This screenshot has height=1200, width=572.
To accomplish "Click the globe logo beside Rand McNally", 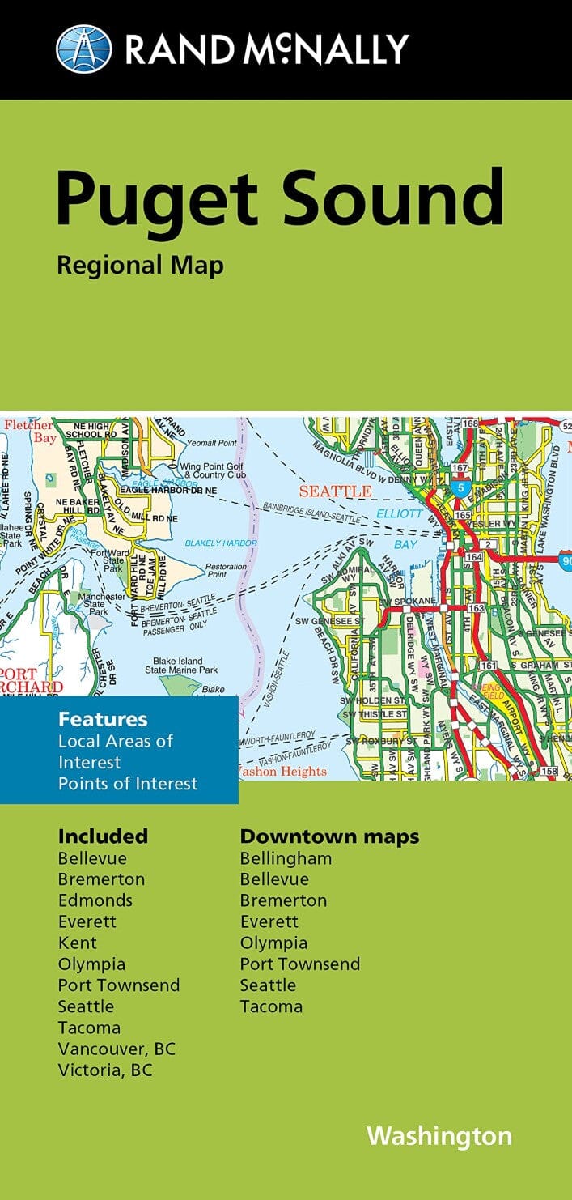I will pyautogui.click(x=83, y=49).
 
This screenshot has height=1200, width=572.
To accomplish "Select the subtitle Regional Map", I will pyautogui.click(x=140, y=265).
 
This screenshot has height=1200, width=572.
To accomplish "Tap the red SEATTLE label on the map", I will pyautogui.click(x=336, y=491).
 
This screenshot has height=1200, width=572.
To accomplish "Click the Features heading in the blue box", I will pyautogui.click(x=103, y=719).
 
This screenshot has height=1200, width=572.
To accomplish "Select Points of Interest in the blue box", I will pyautogui.click(x=128, y=783).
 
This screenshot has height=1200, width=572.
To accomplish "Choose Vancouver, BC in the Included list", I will pyautogui.click(x=117, y=1049).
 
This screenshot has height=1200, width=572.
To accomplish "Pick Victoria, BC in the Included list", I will pyautogui.click(x=105, y=1070).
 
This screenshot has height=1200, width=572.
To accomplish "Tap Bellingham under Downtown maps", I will pyautogui.click(x=286, y=857).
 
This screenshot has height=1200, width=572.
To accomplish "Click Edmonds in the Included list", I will pyautogui.click(x=95, y=900).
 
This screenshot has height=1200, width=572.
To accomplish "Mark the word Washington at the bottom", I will pyautogui.click(x=439, y=1136).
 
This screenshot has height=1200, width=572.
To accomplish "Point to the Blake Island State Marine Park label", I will pyautogui.click(x=181, y=665).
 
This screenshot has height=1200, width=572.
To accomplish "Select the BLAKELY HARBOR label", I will pyautogui.click(x=221, y=543).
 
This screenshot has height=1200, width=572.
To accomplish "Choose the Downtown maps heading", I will pyautogui.click(x=329, y=836).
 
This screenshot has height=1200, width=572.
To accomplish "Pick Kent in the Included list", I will pyautogui.click(x=78, y=943).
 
